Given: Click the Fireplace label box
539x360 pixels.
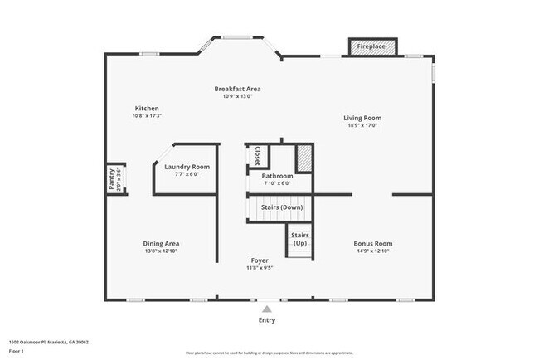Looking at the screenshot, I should click(371, 46).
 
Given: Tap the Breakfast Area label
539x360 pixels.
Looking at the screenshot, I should click(238, 89).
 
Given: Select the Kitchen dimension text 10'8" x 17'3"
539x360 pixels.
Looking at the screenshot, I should click(147, 116).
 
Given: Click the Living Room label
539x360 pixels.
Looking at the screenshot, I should click(362, 118).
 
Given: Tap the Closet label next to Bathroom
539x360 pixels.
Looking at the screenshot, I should click(257, 155).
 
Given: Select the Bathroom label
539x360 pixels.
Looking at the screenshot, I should click(277, 176).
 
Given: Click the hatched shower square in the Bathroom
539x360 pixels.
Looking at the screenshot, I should click(304, 157).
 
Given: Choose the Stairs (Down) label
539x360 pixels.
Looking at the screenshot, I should click(282, 207).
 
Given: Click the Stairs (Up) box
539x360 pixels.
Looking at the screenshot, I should click(299, 239).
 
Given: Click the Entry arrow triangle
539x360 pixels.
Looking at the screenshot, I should click(266, 309).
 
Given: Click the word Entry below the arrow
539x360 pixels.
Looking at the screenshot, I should click(266, 320).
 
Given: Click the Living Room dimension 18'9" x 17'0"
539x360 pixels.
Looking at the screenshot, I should click(362, 125).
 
